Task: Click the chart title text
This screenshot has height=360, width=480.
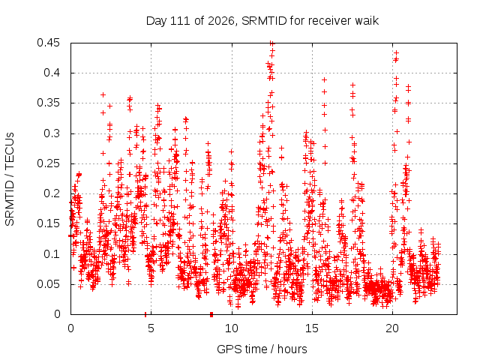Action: point(262,21)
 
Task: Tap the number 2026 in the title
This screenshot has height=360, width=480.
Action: point(221,21)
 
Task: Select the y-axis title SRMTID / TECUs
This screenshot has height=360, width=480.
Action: point(10,179)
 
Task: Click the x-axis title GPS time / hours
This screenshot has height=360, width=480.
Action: point(262,349)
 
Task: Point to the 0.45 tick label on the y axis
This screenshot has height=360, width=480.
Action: point(48,43)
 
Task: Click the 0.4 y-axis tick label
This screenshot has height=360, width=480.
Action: point(52,73)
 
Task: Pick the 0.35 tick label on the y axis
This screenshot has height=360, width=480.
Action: point(48,103)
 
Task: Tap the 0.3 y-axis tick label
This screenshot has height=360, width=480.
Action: point(52,133)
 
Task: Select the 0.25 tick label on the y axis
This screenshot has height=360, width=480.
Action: point(48,163)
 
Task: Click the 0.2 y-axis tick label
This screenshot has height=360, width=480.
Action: point(52,193)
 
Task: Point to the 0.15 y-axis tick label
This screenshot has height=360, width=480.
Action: point(48,223)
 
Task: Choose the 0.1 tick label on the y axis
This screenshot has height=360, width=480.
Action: point(52,253)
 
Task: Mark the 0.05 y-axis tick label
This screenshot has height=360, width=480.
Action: point(48,284)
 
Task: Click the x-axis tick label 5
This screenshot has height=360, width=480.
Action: point(151,328)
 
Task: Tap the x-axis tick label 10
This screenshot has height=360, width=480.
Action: point(232,328)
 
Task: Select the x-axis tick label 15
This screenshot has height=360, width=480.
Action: point(312,328)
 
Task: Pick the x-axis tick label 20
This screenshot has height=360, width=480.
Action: point(392,328)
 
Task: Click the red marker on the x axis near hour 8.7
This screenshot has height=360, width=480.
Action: point(211,314)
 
